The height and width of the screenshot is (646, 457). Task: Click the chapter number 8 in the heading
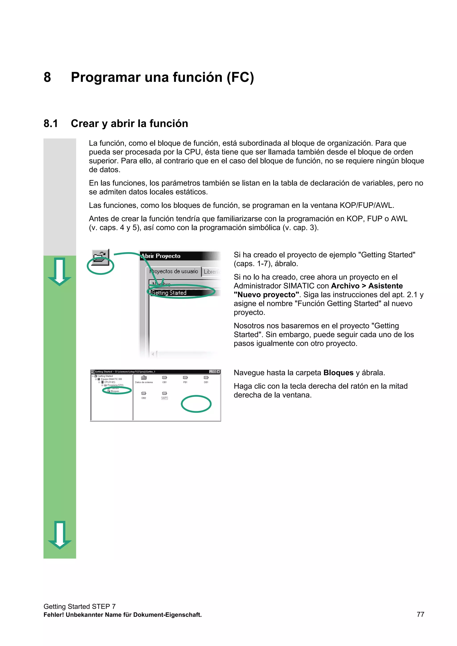point(47,77)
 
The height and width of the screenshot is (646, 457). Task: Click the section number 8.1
point(51,124)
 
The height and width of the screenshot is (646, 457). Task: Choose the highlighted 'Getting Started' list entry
point(169,293)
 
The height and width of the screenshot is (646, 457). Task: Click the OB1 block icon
point(164,378)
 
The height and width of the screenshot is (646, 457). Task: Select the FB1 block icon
point(185,378)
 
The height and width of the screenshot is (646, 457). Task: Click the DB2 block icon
point(144,393)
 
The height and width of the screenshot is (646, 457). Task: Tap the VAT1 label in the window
point(164,398)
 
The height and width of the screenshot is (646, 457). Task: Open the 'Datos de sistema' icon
point(144,378)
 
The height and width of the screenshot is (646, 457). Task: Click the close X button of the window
point(218,372)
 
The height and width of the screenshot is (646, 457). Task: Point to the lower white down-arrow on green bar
point(59,535)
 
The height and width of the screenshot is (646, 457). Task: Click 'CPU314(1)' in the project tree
point(110,382)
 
